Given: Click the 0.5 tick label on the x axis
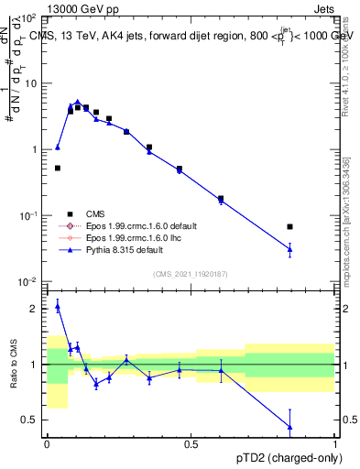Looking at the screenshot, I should coord(191,444).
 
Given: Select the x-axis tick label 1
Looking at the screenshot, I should coord(335,444).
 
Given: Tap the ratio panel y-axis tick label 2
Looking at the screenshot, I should coord(35,309).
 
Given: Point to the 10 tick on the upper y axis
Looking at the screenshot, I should coord(29,83).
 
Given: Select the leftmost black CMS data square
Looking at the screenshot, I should coord(58,168).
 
